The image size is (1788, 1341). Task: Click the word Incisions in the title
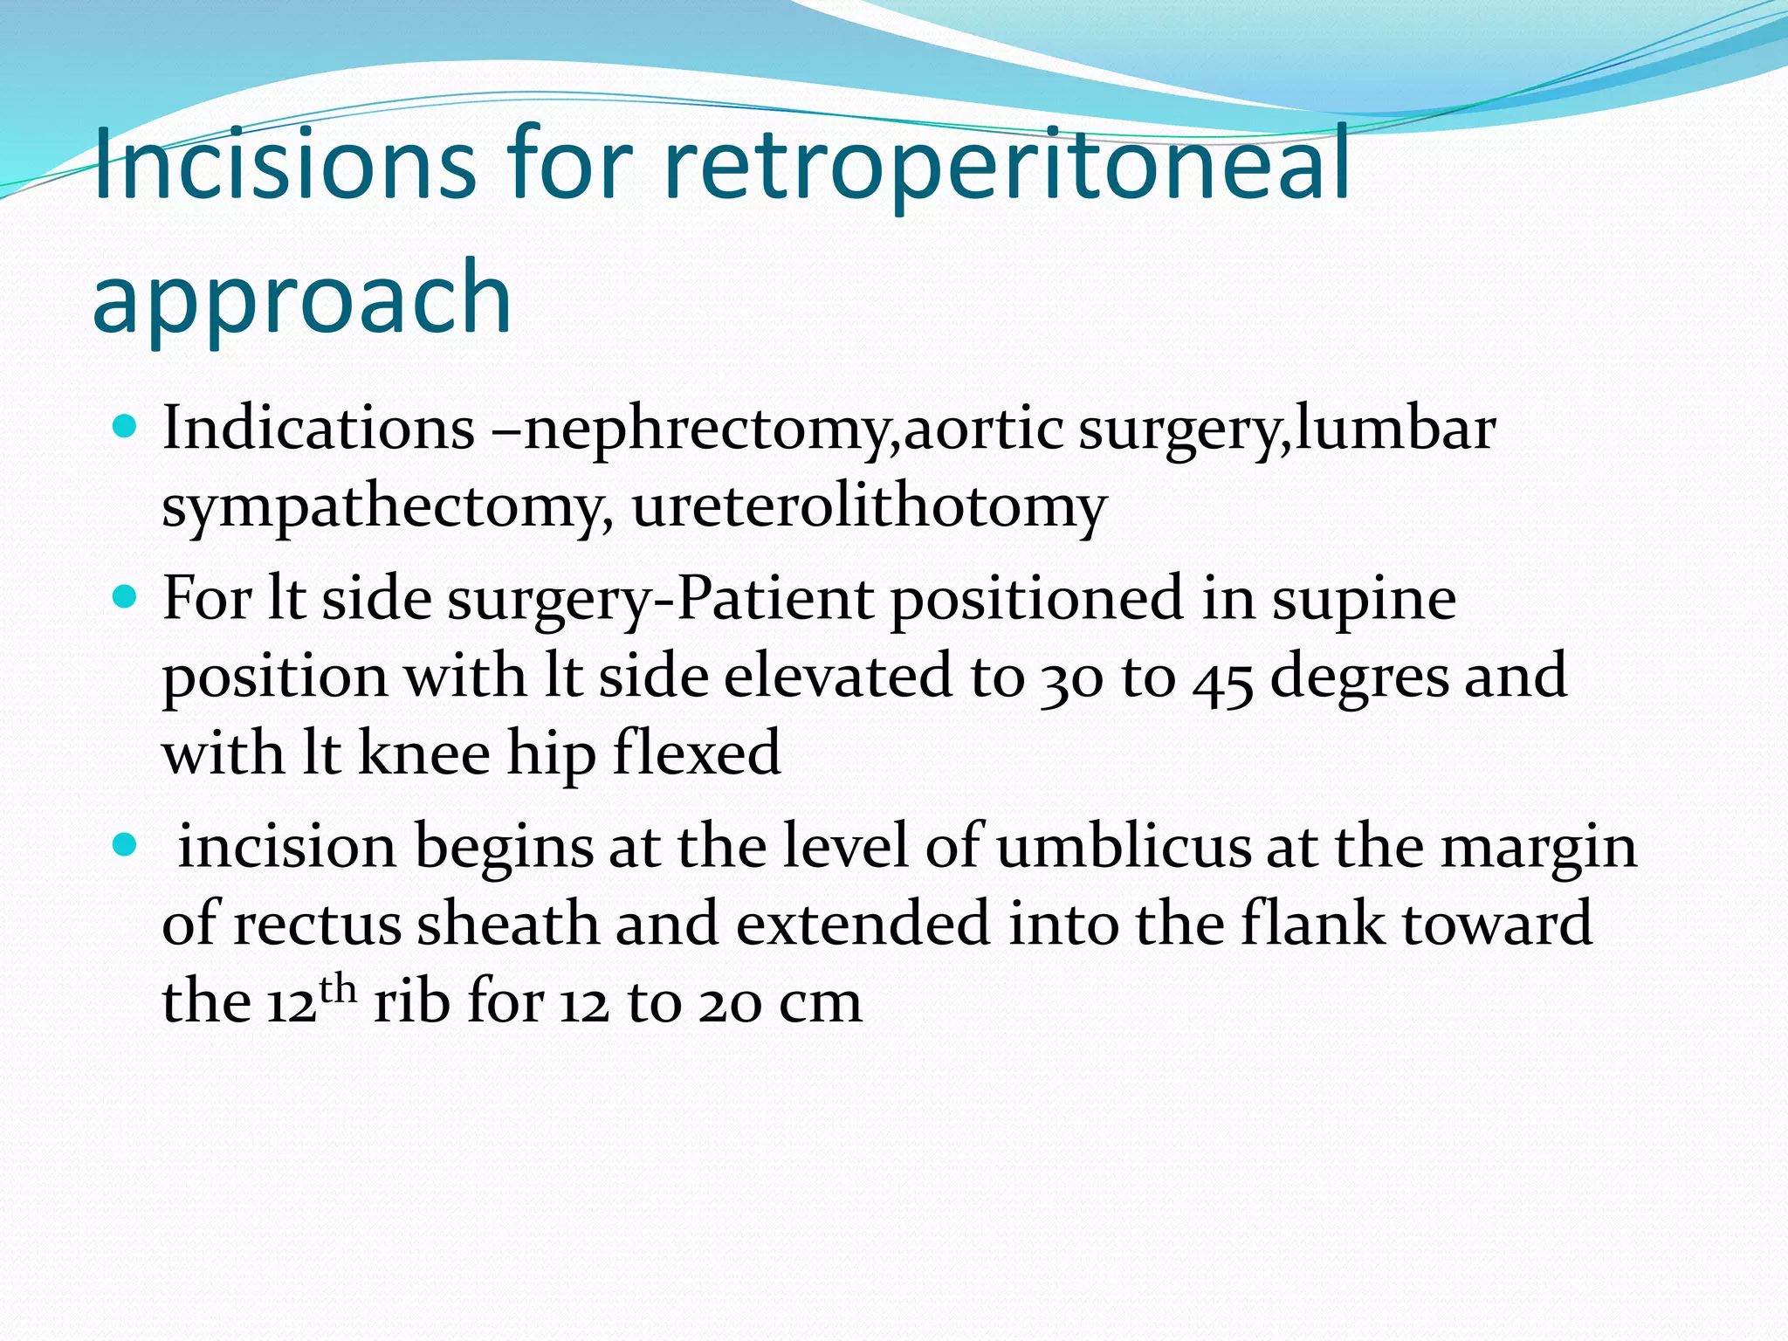(284, 164)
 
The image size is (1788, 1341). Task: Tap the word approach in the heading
(301, 299)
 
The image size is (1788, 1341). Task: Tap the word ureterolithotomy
(869, 506)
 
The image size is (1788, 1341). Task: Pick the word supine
(1364, 599)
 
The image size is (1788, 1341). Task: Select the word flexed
(697, 753)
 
